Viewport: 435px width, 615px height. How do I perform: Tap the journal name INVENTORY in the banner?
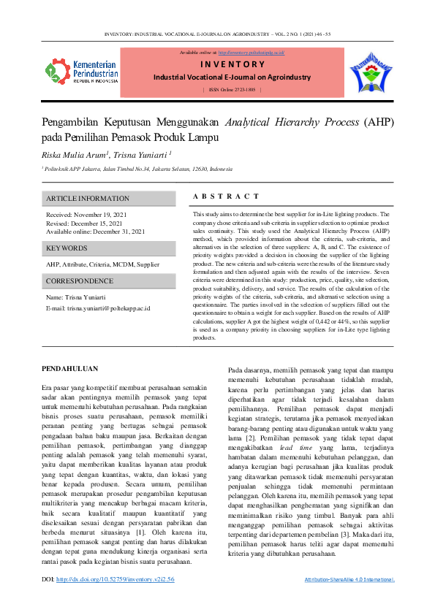[x=231, y=64]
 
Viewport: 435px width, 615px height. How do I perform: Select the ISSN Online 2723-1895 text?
[x=231, y=89]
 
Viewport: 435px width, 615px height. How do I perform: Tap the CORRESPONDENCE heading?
[x=80, y=281]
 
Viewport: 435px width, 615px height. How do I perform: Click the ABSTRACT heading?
[x=226, y=196]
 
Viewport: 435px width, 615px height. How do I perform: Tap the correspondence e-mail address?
[x=109, y=308]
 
